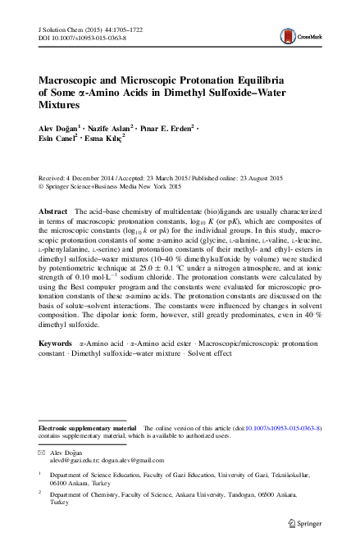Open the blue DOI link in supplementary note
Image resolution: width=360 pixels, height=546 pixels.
285,428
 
